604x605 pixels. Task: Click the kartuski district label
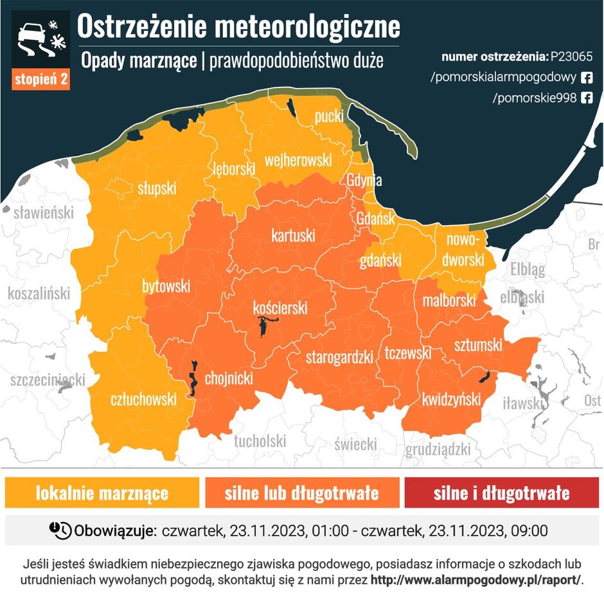click(293, 235)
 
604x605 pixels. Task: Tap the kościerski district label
click(280, 308)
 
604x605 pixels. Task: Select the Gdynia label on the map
click(364, 181)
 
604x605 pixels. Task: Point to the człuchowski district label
click(143, 399)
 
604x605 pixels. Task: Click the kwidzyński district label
click(451, 399)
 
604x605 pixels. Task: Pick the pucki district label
click(329, 117)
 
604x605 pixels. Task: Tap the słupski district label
click(157, 188)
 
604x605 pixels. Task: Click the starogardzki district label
click(339, 357)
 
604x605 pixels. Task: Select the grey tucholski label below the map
click(260, 441)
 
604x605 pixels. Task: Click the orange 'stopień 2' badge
click(41, 80)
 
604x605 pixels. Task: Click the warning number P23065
click(571, 57)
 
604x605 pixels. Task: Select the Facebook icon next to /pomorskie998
click(586, 98)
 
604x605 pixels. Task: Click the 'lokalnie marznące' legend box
click(102, 493)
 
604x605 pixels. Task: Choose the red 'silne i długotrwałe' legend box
click(501, 493)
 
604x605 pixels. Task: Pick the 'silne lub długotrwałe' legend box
click(301, 493)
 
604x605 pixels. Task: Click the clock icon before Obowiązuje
click(60, 530)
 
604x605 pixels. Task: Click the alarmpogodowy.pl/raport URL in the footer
click(475, 579)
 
